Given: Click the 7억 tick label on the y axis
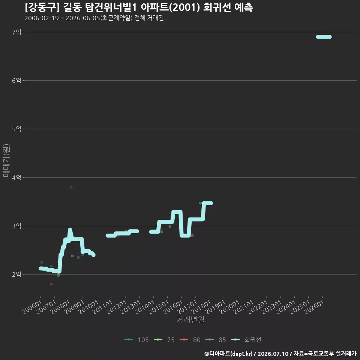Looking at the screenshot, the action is click(x=16, y=32).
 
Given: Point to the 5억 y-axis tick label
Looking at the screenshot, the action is click(x=16, y=129).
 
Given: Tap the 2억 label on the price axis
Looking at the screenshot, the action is click(x=16, y=274).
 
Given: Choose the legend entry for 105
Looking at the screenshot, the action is click(x=136, y=340).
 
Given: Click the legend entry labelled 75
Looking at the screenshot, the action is click(x=164, y=340).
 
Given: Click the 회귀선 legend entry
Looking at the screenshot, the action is click(x=246, y=340).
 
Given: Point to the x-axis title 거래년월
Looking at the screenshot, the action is click(x=190, y=319).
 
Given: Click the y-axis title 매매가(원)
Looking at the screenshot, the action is click(x=6, y=160).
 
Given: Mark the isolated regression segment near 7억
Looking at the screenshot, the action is click(x=324, y=37).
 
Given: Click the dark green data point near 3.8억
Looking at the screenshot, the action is click(x=71, y=187).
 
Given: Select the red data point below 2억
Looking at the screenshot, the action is click(x=51, y=284).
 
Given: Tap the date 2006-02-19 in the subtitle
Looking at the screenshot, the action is click(x=42, y=18).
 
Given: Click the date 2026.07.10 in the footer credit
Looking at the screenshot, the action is click(x=273, y=354).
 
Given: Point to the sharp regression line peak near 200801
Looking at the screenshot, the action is click(x=70, y=229).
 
